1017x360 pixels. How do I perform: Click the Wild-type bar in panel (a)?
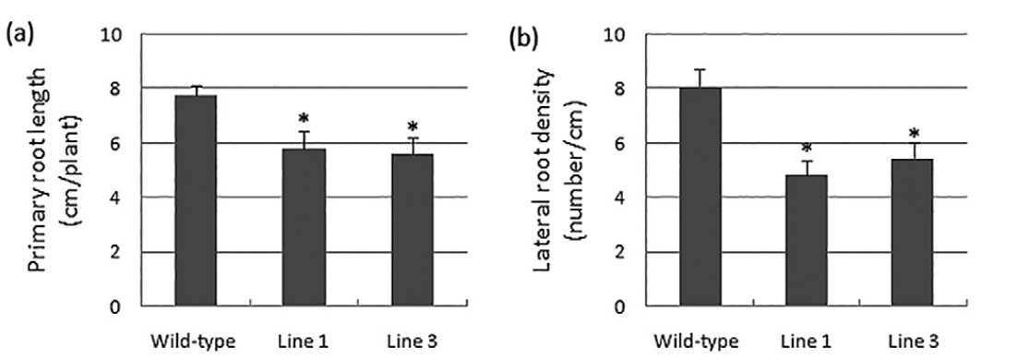point(196,200)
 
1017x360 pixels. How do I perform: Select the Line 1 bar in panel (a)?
point(305,227)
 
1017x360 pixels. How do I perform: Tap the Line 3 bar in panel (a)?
point(412,230)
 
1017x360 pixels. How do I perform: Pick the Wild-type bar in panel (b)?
point(700,197)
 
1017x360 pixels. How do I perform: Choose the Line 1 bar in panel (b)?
point(807,240)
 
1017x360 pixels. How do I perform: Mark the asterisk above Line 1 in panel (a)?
point(304,119)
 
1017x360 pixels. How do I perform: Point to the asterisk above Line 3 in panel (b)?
point(915,134)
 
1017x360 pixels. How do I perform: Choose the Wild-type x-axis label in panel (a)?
point(196,341)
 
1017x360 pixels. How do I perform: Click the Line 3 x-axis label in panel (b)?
point(914,341)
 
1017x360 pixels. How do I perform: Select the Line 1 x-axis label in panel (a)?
point(305,341)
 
